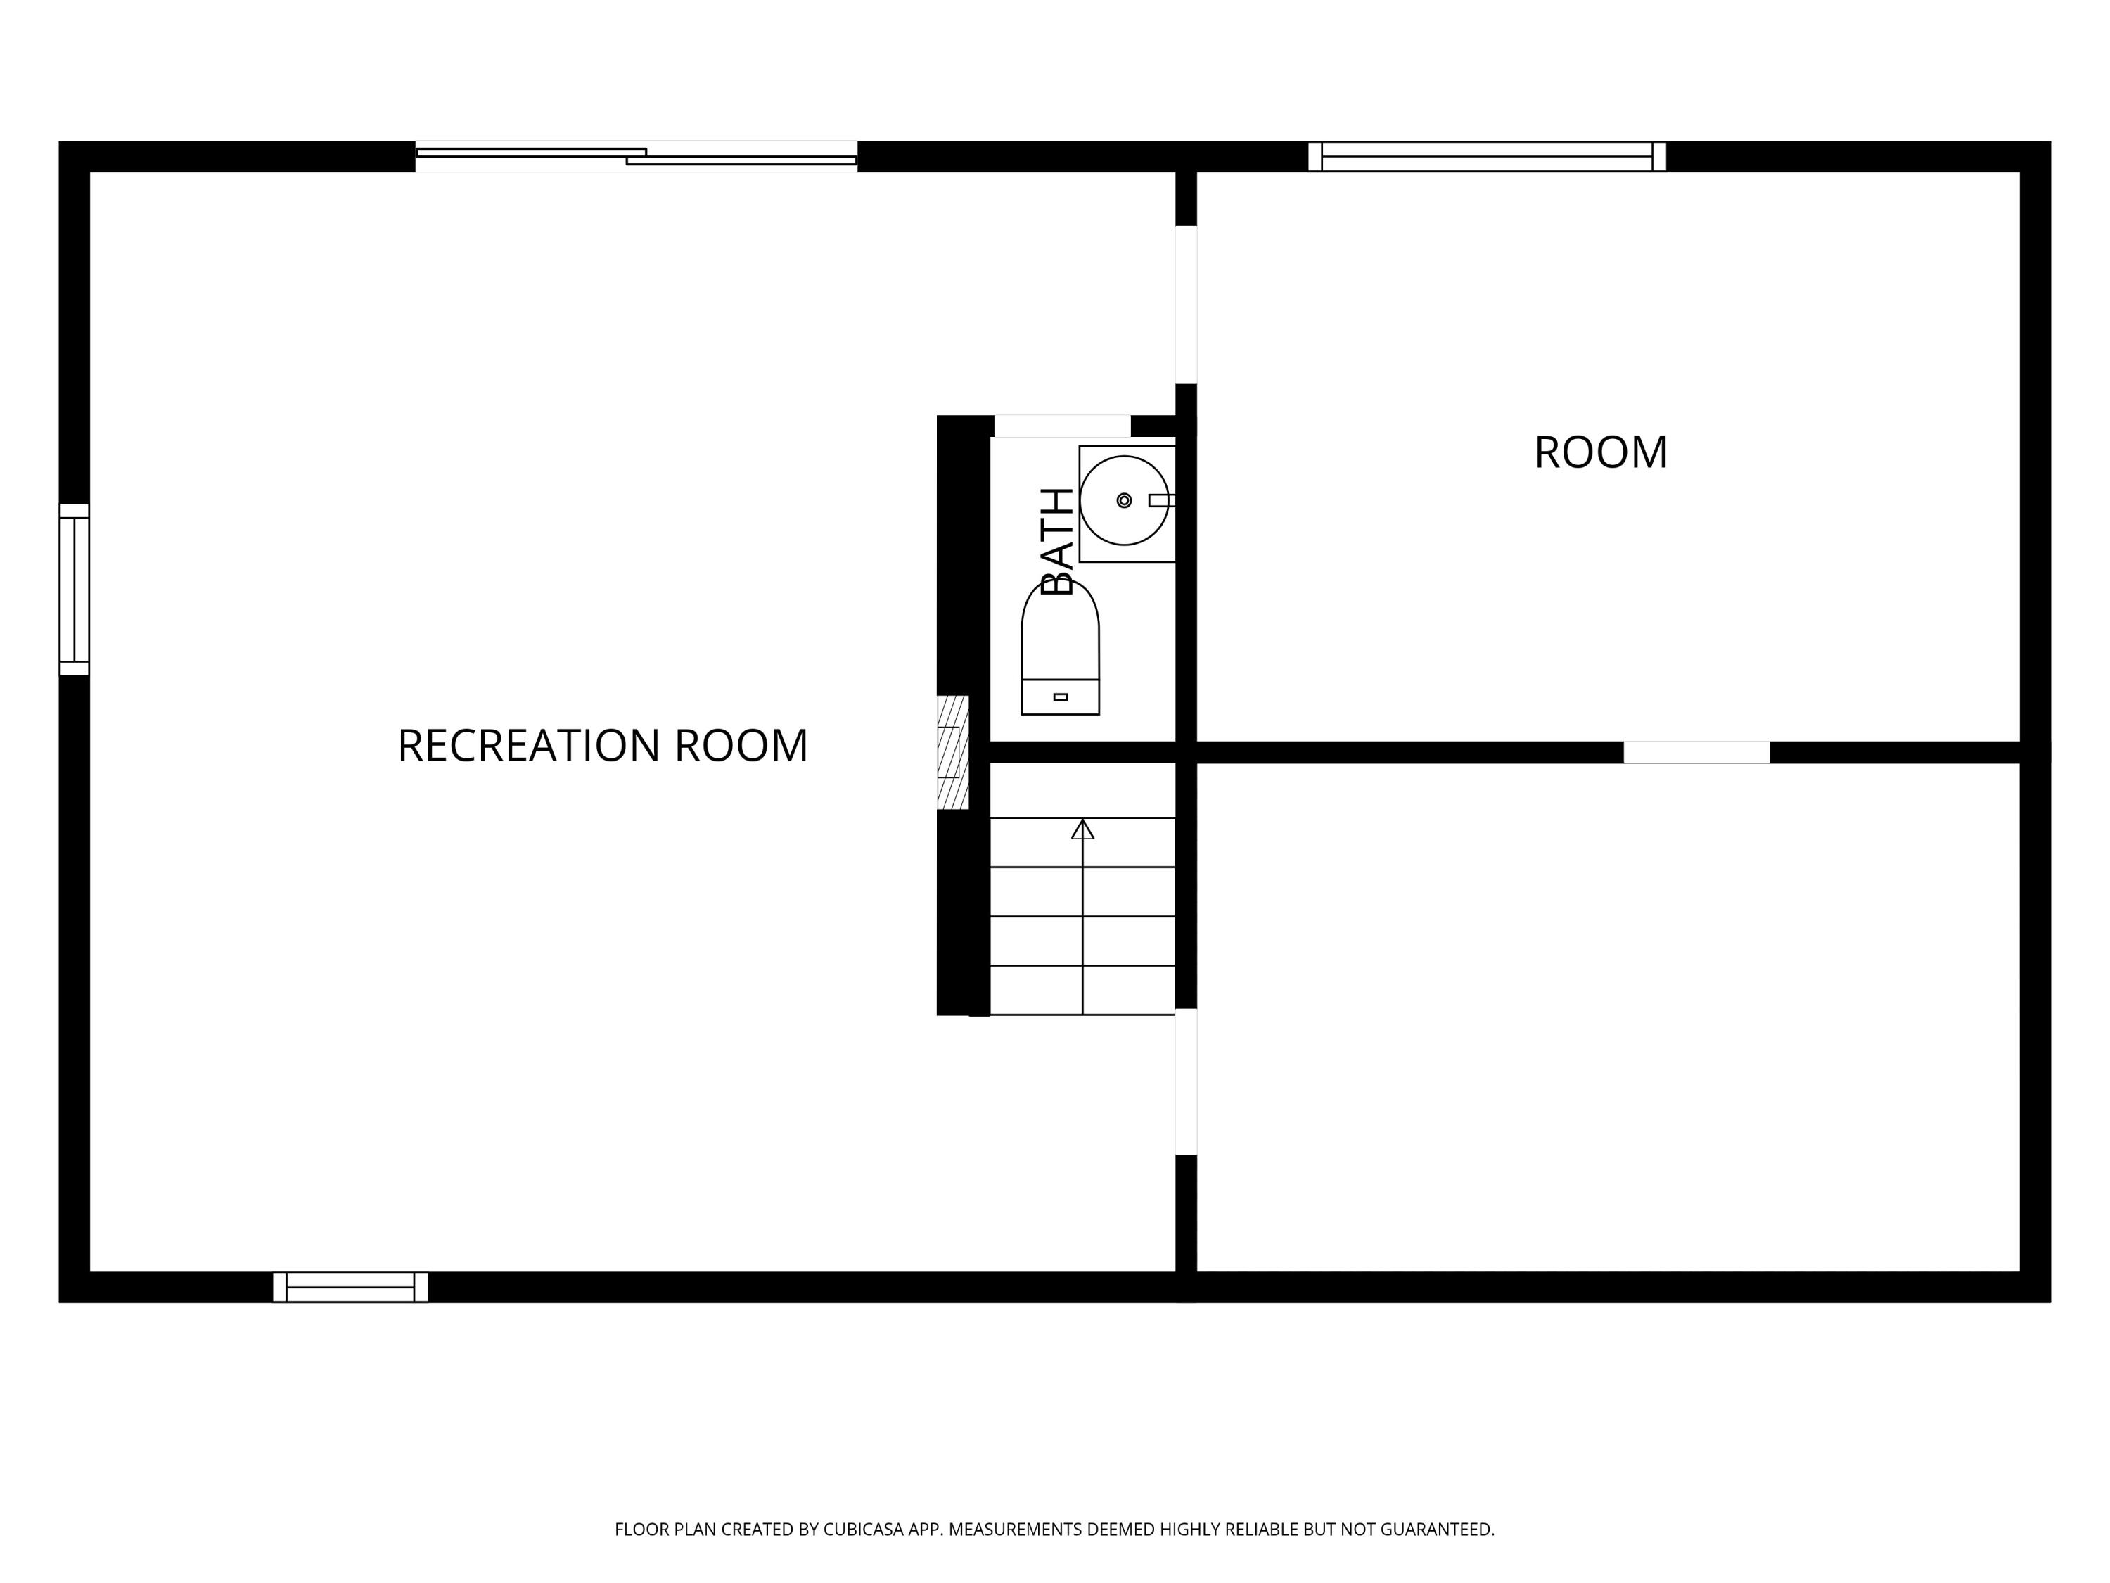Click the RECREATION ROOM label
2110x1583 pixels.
coord(602,746)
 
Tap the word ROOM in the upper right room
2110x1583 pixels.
coord(1601,453)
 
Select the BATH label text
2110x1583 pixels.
coord(1057,541)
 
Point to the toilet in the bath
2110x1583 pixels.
coord(1060,649)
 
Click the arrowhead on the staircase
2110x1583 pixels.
coord(1082,829)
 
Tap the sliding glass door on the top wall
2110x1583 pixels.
coord(637,156)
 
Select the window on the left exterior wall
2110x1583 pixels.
coord(75,589)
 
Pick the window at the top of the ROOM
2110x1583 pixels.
coord(1486,156)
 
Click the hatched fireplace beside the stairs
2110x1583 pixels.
coord(952,752)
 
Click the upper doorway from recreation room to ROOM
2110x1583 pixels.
coord(1186,305)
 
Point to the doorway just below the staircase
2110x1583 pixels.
coord(1186,1081)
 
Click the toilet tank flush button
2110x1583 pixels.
coord(1060,697)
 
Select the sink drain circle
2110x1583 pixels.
coord(1124,500)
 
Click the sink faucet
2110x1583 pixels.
coord(1161,500)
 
